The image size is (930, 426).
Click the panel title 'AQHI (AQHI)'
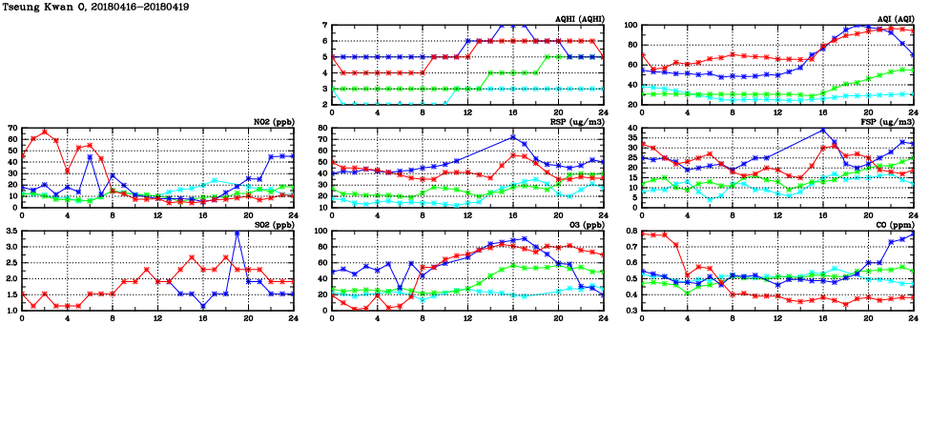click(580, 18)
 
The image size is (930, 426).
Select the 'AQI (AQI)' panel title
click(895, 18)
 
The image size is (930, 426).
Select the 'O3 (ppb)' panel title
click(585, 224)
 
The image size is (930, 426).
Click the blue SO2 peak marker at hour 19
click(237, 233)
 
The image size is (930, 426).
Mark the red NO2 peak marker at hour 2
click(45, 132)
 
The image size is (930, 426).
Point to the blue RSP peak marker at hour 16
click(512, 137)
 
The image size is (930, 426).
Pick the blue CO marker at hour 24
click(913, 234)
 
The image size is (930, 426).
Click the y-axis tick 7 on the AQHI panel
click(324, 26)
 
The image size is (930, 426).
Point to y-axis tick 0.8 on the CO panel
click(630, 232)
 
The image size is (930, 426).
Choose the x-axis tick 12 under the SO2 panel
click(157, 317)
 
